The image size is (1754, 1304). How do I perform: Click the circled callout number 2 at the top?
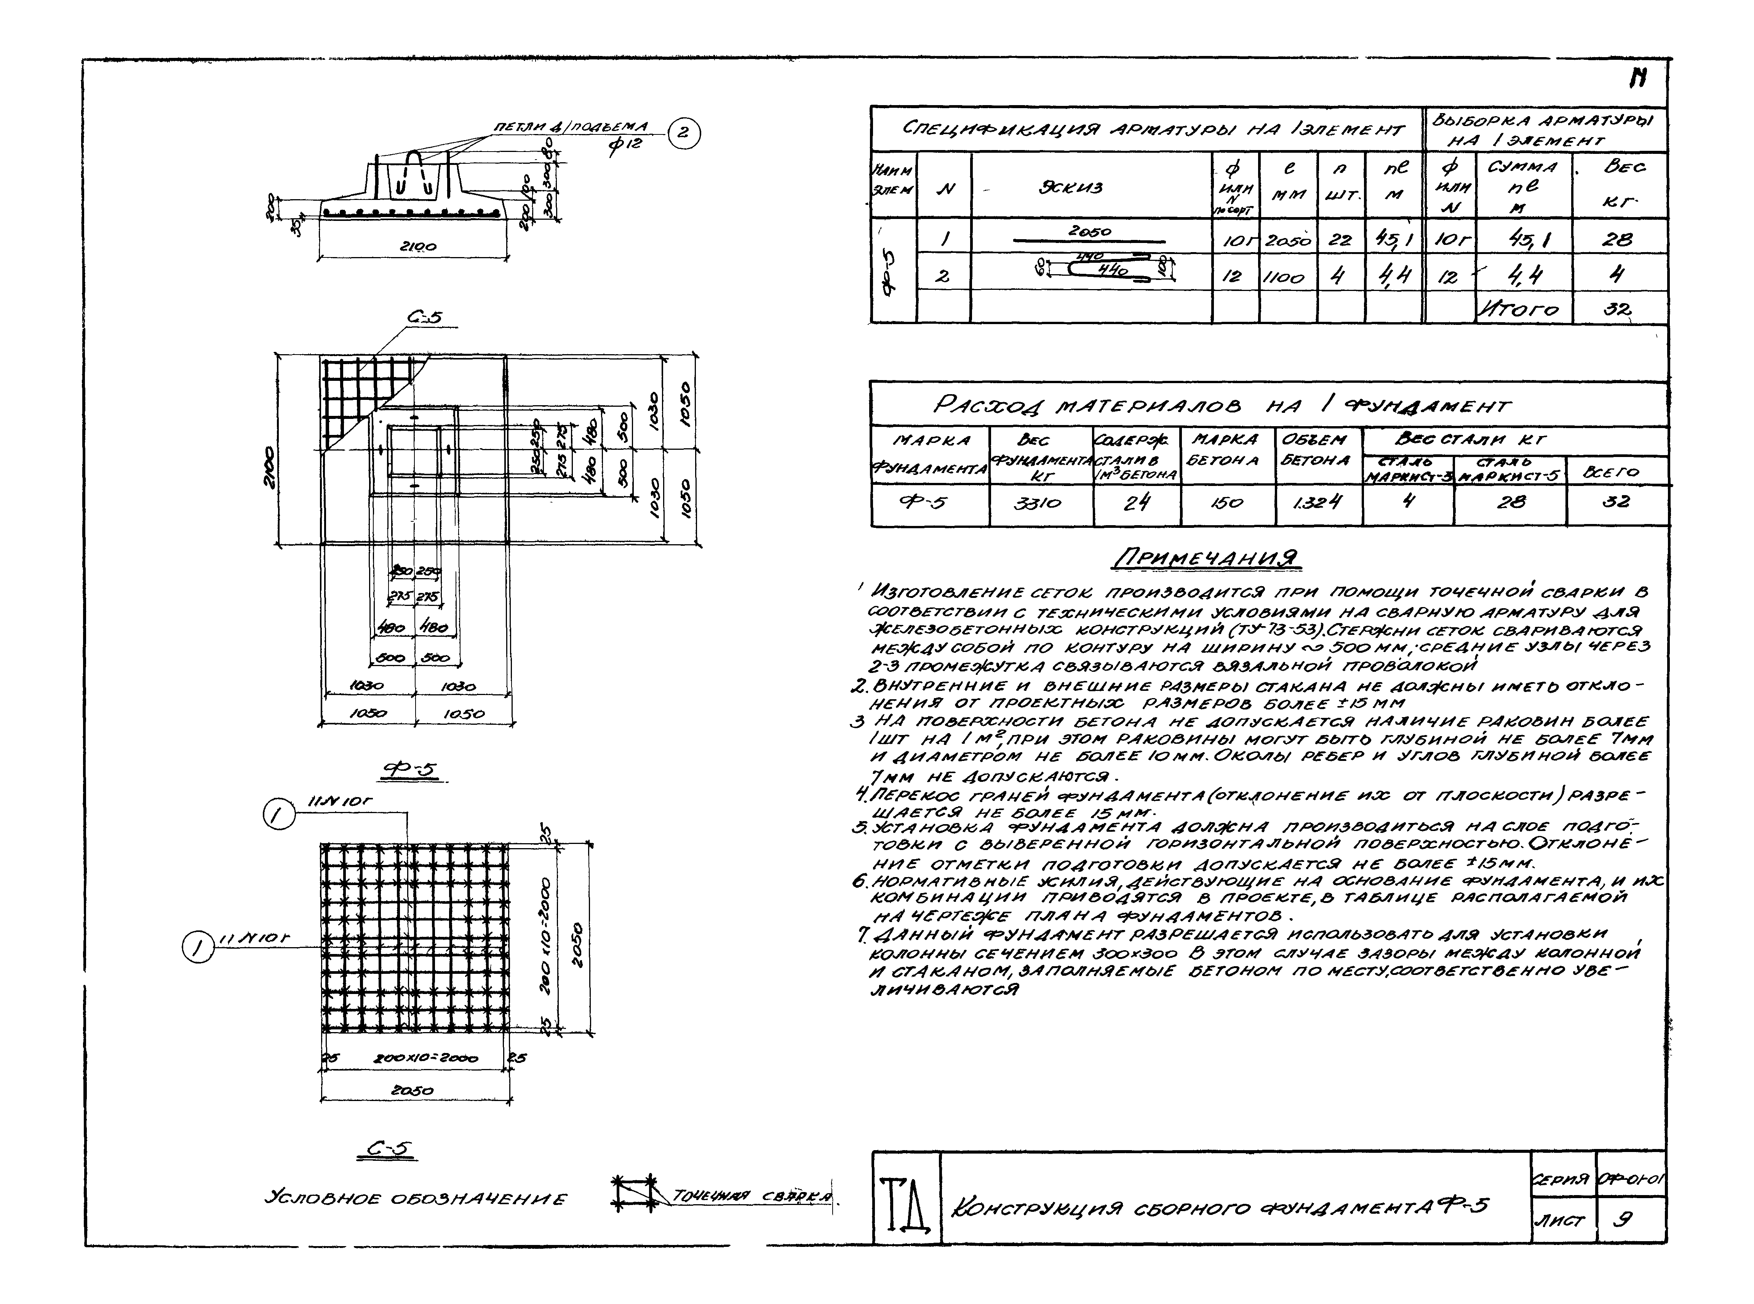[683, 133]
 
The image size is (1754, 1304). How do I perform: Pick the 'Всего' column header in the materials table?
[1616, 472]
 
